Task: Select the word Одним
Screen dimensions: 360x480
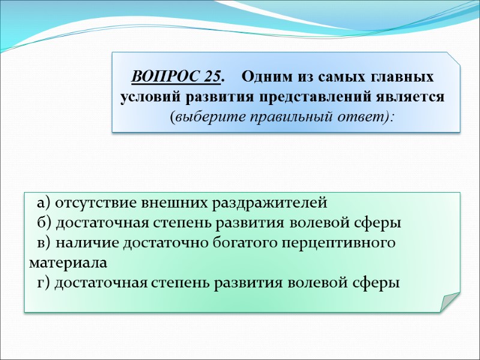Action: (x=270, y=78)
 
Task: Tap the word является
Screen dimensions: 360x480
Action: (x=414, y=97)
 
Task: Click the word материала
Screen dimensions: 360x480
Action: (x=68, y=263)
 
